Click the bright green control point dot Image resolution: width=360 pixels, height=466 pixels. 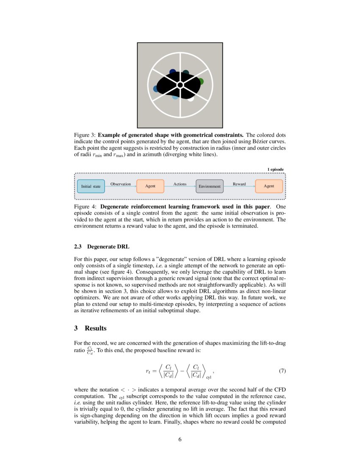pyautogui.click(x=200, y=81)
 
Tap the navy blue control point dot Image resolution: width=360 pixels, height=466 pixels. pyautogui.click(x=172, y=72)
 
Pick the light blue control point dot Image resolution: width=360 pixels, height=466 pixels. pyautogui.click(x=175, y=97)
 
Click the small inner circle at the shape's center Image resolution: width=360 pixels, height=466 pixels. pyautogui.click(x=180, y=85)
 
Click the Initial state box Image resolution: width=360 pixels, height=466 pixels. pyautogui.click(x=91, y=186)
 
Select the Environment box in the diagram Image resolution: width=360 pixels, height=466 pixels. pyautogui.click(x=210, y=186)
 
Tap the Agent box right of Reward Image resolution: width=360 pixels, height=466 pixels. pyautogui.click(x=269, y=186)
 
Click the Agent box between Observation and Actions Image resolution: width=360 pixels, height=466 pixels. pyautogui.click(x=150, y=186)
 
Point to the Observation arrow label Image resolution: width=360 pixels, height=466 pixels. pyautogui.click(x=120, y=184)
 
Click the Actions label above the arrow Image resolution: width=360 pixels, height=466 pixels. pyautogui.click(x=180, y=184)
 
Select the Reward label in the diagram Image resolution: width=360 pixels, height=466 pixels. pyautogui.click(x=239, y=184)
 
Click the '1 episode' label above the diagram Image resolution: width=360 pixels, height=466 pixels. pyautogui.click(x=275, y=169)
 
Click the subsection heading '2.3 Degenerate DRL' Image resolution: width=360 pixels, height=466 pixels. pyautogui.click(x=101, y=247)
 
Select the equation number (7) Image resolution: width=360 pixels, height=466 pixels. pyautogui.click(x=282, y=371)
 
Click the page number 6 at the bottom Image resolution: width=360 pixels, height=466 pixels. pyautogui.click(x=180, y=439)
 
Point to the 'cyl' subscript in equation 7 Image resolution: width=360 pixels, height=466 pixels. pyautogui.click(x=208, y=377)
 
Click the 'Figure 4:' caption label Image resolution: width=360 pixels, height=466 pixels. pyautogui.click(x=86, y=207)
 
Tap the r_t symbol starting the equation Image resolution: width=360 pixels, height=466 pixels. pyautogui.click(x=148, y=371)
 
